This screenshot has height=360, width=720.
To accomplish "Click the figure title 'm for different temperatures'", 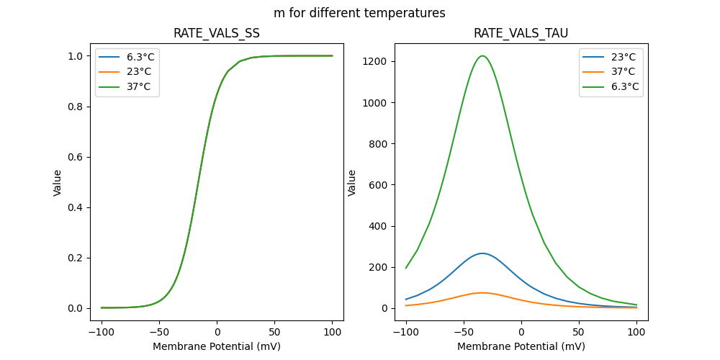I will [359, 13].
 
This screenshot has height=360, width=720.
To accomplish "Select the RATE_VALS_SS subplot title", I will [217, 33].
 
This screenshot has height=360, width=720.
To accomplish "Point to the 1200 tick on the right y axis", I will [377, 62].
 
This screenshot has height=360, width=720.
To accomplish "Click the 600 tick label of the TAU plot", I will [380, 185].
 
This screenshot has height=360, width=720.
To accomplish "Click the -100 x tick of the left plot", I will [102, 333].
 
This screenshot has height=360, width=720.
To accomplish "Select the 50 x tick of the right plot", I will [578, 333].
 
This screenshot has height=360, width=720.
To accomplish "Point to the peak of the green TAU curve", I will [482, 56].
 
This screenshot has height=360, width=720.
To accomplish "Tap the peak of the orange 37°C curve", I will [482, 293].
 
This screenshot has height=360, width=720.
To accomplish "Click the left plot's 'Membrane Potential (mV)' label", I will [217, 346].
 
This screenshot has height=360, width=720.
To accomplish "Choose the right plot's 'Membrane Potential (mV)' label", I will [521, 346].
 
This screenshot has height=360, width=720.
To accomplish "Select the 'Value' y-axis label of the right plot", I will [353, 182].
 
